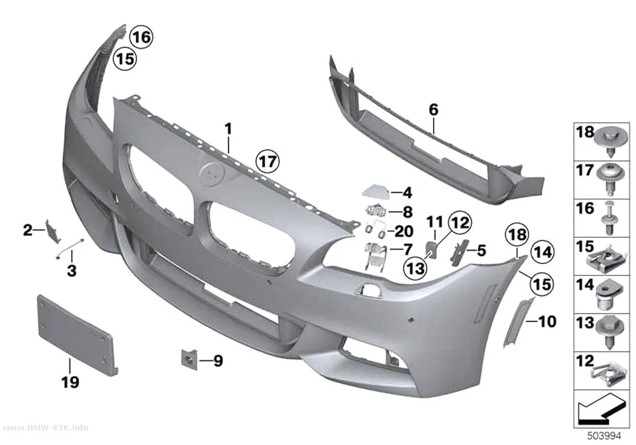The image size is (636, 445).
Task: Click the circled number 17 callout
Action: coord(268,162)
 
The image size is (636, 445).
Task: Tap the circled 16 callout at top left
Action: coord(141,38)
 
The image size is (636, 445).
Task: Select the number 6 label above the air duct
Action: coord(434,109)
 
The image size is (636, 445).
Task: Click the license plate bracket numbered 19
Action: coord(77,331)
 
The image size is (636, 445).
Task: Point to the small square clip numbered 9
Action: coord(189,358)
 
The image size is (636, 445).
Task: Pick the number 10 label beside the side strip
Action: coord(547,321)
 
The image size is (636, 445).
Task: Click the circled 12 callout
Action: coord(459,223)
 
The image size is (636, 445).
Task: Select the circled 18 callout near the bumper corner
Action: coord(517,235)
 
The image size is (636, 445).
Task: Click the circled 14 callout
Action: coord(542,252)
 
